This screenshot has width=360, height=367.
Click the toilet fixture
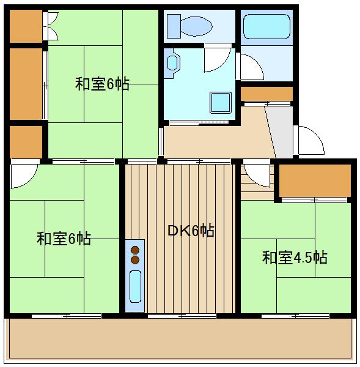(189, 26)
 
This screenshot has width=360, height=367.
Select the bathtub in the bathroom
(266, 26)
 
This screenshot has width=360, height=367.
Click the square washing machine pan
(221, 102)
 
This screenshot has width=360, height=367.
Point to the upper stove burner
(135, 250)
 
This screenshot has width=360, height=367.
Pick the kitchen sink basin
(135, 286)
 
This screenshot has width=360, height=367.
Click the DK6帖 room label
(191, 231)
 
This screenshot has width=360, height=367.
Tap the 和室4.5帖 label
(295, 258)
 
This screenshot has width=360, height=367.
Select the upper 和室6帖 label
(102, 84)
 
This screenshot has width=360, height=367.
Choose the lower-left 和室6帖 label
(64, 239)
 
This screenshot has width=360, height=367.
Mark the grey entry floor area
(280, 132)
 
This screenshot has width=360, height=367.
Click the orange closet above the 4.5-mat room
(315, 180)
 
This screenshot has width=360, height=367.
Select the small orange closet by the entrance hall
(266, 94)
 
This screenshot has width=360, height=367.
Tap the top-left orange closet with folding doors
(26, 26)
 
